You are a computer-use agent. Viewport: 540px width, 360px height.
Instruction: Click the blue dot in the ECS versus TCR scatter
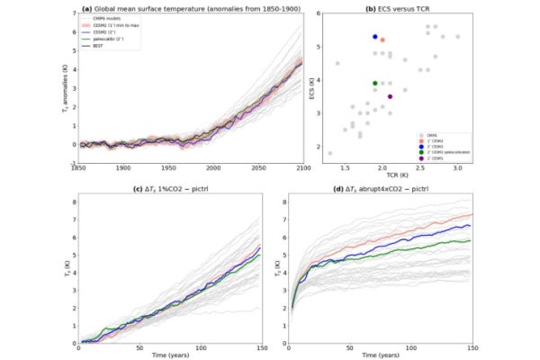click(x=374, y=37)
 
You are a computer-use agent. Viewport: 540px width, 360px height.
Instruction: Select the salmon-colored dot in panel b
click(x=382, y=40)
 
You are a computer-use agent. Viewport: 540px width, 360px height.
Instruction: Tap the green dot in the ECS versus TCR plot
click(x=374, y=83)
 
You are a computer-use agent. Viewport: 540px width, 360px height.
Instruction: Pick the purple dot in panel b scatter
click(x=390, y=96)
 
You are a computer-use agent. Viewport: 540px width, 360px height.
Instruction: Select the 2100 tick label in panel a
click(x=301, y=168)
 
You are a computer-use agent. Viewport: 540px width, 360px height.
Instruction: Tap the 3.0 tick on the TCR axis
click(x=457, y=168)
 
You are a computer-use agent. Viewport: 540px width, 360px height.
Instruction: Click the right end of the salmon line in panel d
click(x=471, y=215)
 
